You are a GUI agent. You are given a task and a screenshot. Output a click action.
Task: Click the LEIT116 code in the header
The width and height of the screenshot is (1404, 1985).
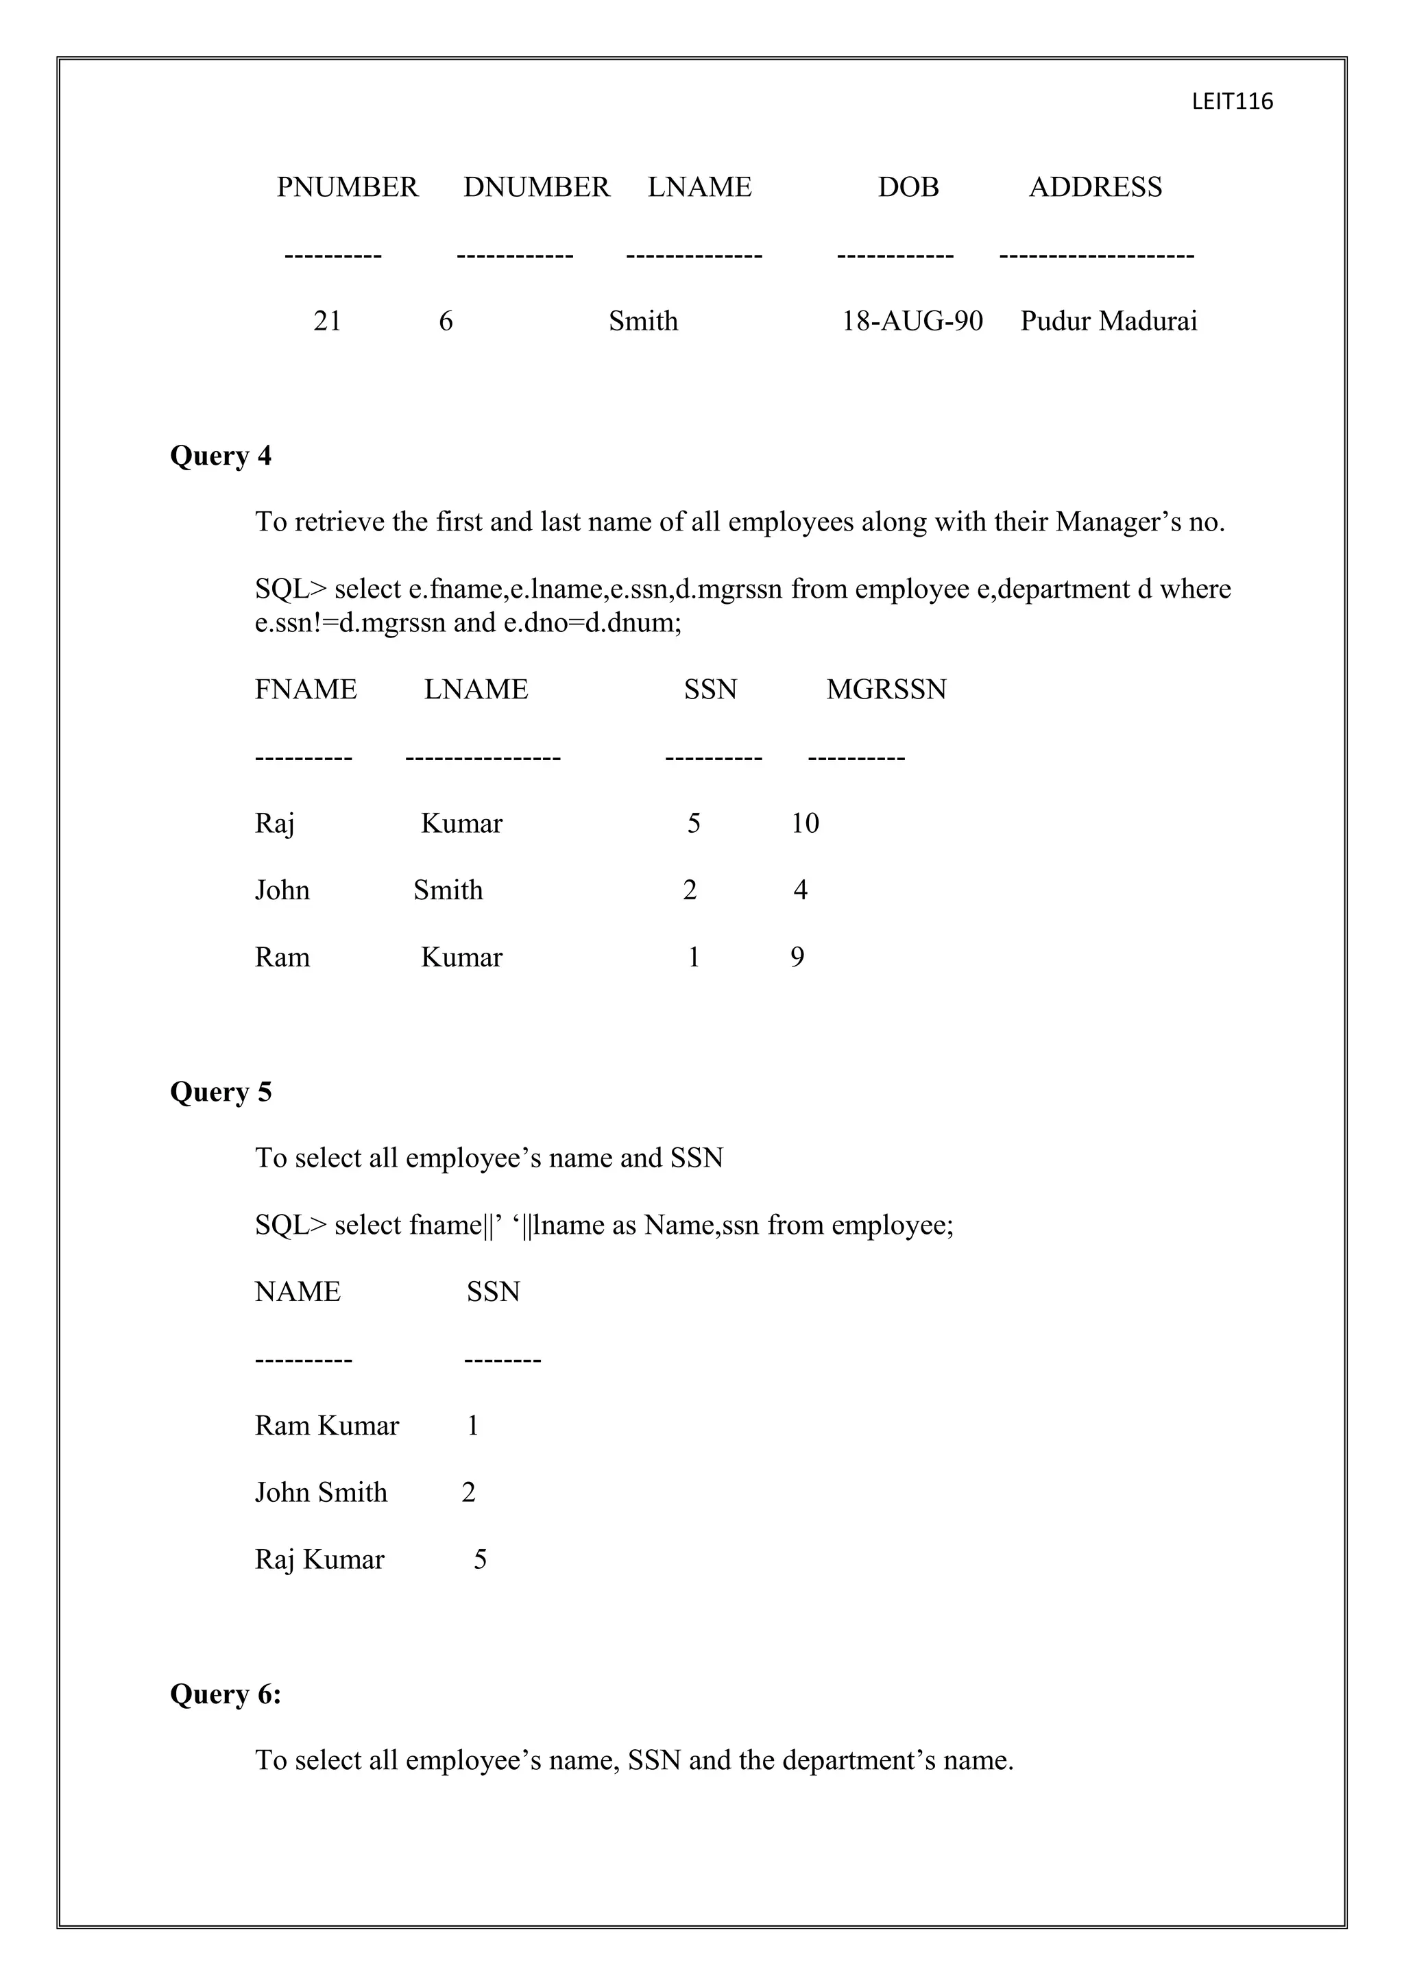tap(1231, 102)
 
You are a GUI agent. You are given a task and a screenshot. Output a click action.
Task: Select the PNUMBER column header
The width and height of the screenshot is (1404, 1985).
tap(347, 186)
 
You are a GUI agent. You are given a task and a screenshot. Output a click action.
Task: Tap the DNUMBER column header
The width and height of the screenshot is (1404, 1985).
tap(536, 186)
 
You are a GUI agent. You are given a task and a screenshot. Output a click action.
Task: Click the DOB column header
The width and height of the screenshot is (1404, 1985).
tap(908, 186)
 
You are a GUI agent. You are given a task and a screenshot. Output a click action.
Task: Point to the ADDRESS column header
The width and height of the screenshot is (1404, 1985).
tap(1095, 186)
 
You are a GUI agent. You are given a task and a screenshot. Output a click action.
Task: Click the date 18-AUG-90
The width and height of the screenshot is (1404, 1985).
tap(912, 321)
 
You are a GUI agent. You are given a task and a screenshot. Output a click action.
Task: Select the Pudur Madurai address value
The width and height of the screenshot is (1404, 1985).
tap(1109, 321)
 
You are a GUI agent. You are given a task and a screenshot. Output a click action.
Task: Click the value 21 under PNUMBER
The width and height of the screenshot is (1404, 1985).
tap(327, 321)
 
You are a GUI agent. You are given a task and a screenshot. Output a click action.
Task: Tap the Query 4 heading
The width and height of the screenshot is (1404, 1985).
tap(221, 456)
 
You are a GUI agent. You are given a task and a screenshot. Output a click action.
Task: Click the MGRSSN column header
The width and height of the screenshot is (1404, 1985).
tap(886, 689)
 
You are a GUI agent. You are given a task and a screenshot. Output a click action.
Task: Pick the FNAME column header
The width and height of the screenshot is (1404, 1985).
tap(305, 689)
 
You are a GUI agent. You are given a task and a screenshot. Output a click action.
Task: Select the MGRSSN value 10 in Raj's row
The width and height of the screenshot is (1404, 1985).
tap(805, 823)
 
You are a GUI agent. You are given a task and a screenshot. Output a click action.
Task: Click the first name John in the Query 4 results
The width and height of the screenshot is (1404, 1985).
tap(282, 890)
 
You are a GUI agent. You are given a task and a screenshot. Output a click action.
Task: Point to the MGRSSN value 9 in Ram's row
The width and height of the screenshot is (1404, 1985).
tap(797, 957)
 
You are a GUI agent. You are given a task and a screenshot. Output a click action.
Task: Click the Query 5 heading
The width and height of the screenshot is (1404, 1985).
tap(221, 1092)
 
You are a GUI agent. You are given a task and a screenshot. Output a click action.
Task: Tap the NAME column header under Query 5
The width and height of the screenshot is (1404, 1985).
tap(298, 1291)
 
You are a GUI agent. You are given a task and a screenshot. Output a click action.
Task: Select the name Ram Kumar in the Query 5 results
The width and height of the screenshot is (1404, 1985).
tap(327, 1426)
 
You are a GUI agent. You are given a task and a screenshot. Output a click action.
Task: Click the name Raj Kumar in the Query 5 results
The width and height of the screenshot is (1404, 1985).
tap(319, 1559)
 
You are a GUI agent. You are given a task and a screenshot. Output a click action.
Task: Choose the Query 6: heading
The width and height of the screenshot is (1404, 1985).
tap(226, 1694)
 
